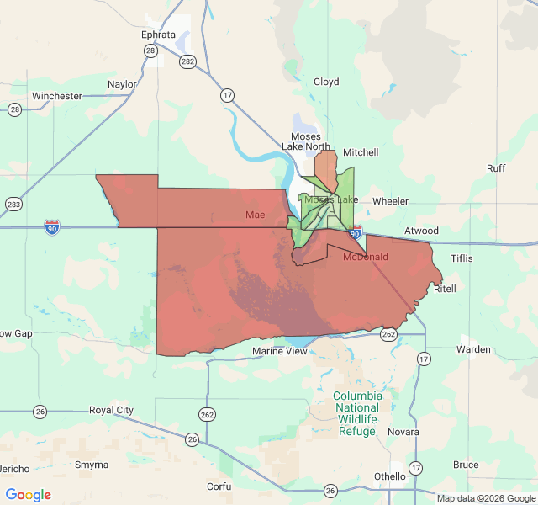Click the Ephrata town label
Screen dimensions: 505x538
click(159, 35)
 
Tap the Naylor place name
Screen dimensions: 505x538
click(122, 84)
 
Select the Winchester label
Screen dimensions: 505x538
click(57, 96)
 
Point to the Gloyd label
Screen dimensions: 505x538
click(326, 82)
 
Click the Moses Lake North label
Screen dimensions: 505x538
click(306, 141)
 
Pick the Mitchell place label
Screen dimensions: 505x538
click(361, 152)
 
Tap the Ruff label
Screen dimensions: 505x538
click(496, 168)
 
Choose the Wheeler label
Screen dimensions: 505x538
click(390, 201)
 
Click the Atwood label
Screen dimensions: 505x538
click(421, 231)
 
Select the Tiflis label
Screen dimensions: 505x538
click(462, 258)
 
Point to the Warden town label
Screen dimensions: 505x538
click(473, 348)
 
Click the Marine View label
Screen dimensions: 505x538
click(280, 351)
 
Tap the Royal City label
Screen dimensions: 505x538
click(112, 410)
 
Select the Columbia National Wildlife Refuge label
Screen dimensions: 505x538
click(357, 413)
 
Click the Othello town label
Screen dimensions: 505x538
click(389, 476)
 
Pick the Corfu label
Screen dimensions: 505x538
click(219, 486)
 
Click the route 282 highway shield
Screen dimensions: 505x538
click(188, 61)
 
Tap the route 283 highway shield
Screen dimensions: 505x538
click(13, 205)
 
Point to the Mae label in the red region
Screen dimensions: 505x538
click(255, 215)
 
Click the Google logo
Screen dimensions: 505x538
click(29, 495)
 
